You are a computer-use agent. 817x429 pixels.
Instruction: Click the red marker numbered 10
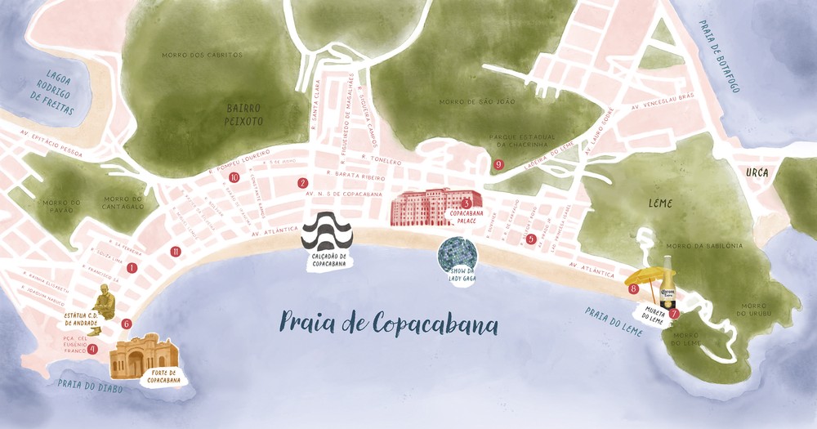(234, 177)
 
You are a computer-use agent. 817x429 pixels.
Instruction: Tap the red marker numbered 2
(302, 183)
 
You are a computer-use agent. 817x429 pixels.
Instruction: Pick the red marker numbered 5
(531, 239)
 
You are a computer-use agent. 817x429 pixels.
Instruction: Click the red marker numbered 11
(175, 251)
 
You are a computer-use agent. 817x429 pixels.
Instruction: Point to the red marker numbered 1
(132, 267)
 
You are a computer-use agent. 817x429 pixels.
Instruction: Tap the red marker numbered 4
(92, 349)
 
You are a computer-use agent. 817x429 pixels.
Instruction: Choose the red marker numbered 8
(633, 288)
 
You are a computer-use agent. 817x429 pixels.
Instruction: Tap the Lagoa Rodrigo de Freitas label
(51, 90)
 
